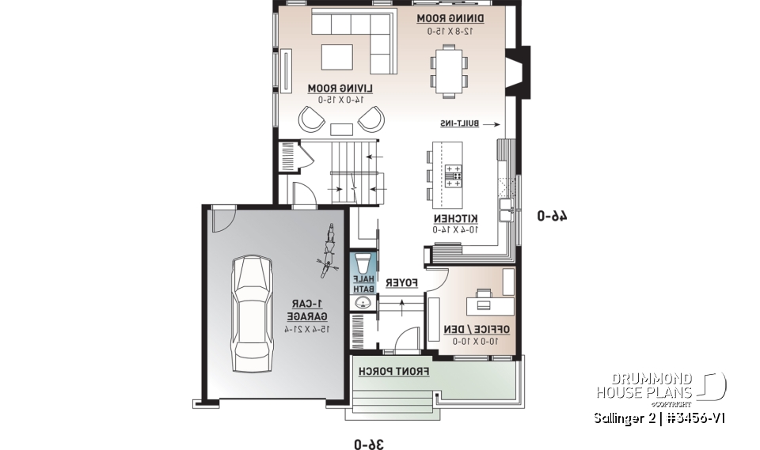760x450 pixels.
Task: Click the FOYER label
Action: (401, 281)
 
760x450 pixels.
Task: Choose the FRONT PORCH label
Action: (394, 371)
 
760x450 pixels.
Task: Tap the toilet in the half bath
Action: (363, 262)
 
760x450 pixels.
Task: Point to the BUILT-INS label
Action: (461, 124)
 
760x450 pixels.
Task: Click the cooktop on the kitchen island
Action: (453, 174)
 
